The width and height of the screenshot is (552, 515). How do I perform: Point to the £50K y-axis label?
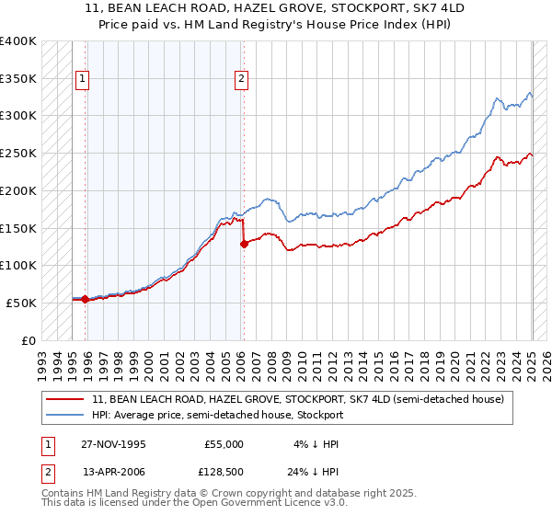coord(19,303)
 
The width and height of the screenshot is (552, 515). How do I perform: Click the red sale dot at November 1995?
coord(86,299)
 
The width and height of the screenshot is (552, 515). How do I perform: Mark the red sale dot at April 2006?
coord(244,244)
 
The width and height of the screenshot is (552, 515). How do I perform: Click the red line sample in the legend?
coord(66,400)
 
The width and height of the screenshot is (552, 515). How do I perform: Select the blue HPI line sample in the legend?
coord(66,415)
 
